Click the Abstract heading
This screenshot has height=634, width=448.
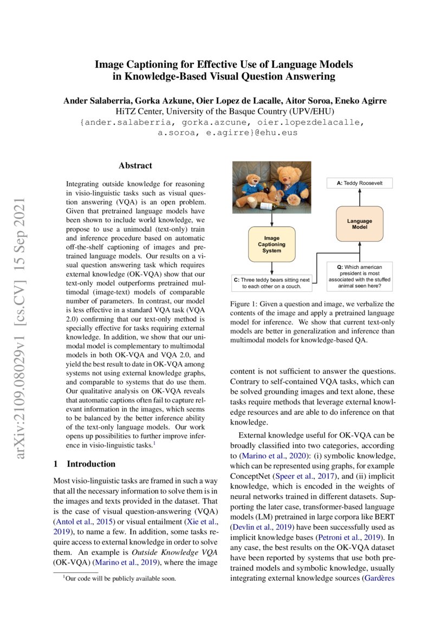click(x=135, y=165)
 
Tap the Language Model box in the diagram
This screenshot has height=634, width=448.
click(x=360, y=225)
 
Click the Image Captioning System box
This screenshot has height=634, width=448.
click(x=271, y=244)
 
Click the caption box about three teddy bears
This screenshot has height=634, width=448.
click(x=272, y=283)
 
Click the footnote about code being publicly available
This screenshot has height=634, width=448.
click(x=120, y=579)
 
